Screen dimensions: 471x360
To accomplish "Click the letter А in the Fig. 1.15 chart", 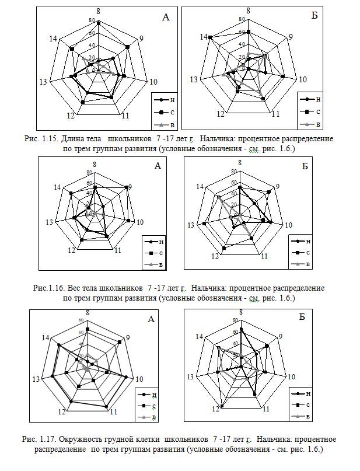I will [166, 18].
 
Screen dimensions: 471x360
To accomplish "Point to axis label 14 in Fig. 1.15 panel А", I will [53, 39].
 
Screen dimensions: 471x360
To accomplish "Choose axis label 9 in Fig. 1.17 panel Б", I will [279, 336].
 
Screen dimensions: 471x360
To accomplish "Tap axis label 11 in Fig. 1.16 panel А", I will [117, 250].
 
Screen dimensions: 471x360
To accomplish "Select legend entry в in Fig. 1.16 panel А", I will [160, 264].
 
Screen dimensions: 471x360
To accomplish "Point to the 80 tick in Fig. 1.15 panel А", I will [92, 20].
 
